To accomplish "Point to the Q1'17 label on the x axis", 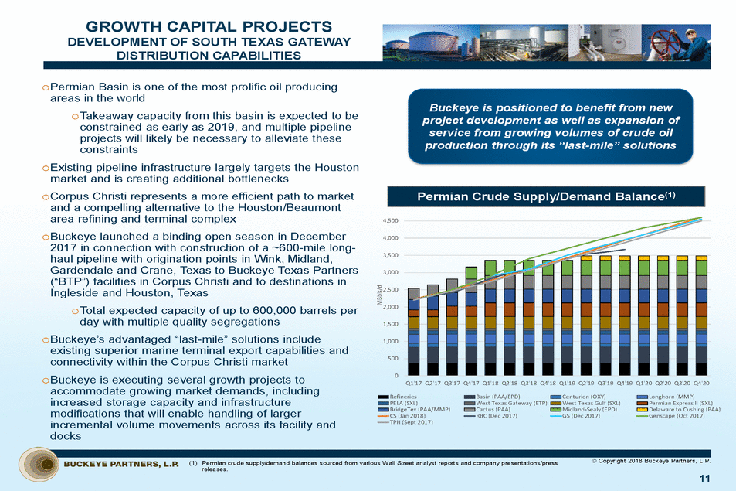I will [x=414, y=382].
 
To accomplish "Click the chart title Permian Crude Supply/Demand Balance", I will [x=547, y=197].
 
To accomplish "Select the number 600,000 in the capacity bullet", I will [x=280, y=310].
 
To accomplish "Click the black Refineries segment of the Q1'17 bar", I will [x=414, y=368].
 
